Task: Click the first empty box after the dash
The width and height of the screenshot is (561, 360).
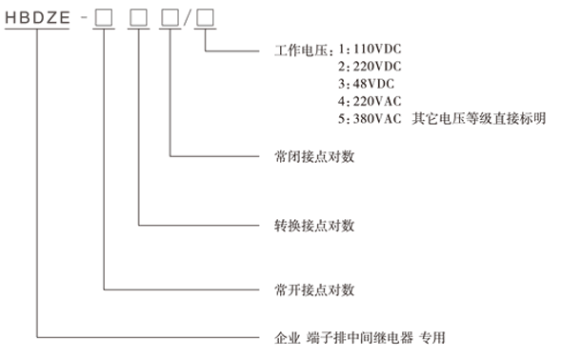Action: (x=102, y=18)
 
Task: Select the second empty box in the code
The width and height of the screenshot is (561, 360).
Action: (x=138, y=18)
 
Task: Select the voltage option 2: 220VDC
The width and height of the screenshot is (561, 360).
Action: (x=370, y=66)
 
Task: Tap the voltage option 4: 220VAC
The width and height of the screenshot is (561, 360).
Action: (x=370, y=101)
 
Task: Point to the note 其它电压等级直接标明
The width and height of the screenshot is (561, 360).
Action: (x=479, y=119)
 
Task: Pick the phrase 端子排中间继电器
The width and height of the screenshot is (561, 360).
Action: (x=351, y=337)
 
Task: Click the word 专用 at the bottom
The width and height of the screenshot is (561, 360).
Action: (x=432, y=337)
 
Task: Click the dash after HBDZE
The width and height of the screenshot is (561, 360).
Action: (x=82, y=18)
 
